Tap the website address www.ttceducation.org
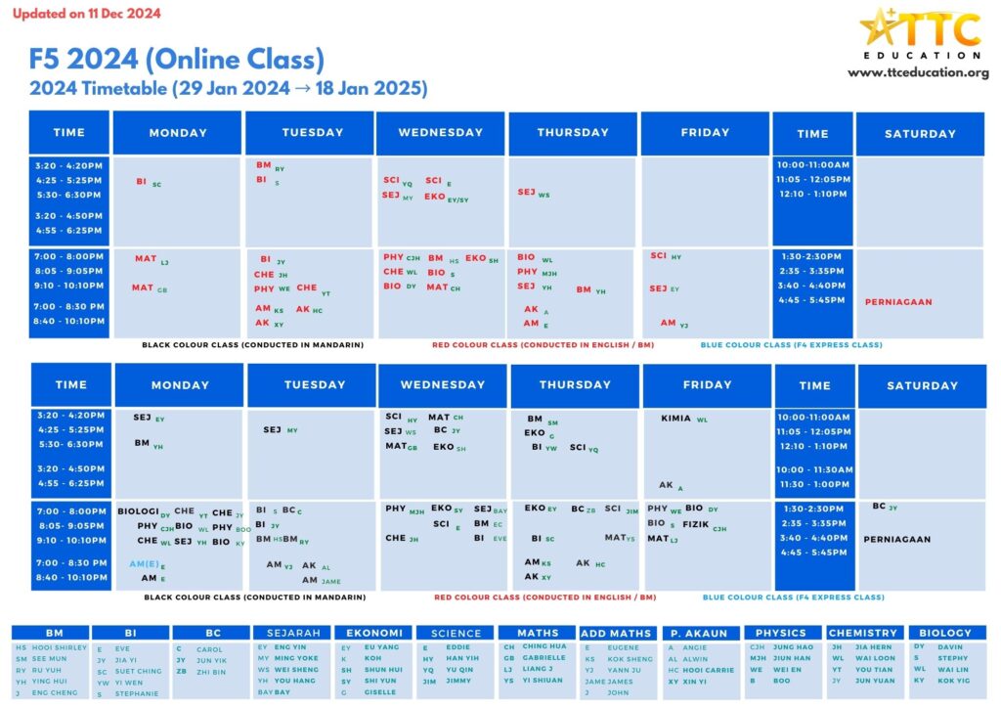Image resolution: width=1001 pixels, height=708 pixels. point(918,73)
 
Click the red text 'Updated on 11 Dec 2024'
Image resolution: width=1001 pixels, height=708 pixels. point(86,14)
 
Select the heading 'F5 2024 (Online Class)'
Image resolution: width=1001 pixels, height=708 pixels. point(177,61)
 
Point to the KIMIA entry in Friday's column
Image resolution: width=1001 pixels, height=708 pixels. point(676,419)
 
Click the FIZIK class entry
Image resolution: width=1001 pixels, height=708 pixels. point(696,524)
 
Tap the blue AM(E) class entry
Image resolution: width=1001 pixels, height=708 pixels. point(144,564)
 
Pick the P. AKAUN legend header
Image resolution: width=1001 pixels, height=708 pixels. point(700,634)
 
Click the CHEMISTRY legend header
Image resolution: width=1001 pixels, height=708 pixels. point(862,633)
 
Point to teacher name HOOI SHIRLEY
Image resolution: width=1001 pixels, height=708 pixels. point(60,648)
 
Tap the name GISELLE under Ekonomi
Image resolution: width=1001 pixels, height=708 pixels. point(380,693)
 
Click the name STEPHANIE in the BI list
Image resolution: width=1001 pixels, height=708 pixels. point(137,694)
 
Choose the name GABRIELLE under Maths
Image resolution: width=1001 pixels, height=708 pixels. point(544,658)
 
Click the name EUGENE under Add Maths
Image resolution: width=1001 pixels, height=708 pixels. point(623,648)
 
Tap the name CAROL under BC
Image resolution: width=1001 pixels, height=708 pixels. point(209,649)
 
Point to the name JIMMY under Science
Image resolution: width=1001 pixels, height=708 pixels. point(458,682)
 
